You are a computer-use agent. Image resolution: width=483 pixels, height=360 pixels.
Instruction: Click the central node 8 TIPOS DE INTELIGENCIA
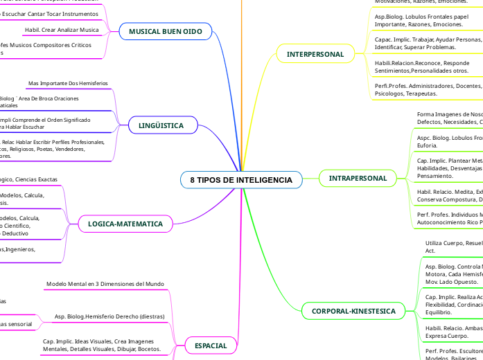[241, 180]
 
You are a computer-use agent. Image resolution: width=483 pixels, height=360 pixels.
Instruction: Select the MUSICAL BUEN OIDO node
[165, 31]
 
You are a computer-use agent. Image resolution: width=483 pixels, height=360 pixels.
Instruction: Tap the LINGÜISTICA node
[161, 126]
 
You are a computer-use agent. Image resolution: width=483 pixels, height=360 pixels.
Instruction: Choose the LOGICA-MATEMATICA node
[125, 224]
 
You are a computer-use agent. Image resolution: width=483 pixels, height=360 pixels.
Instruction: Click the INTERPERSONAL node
[315, 53]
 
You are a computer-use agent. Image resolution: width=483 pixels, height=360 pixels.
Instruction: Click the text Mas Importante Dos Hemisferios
[68, 84]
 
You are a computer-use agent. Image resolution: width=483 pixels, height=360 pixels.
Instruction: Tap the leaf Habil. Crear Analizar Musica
[61, 30]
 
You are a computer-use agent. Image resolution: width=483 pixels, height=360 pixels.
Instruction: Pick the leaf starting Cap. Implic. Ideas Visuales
[102, 345]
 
